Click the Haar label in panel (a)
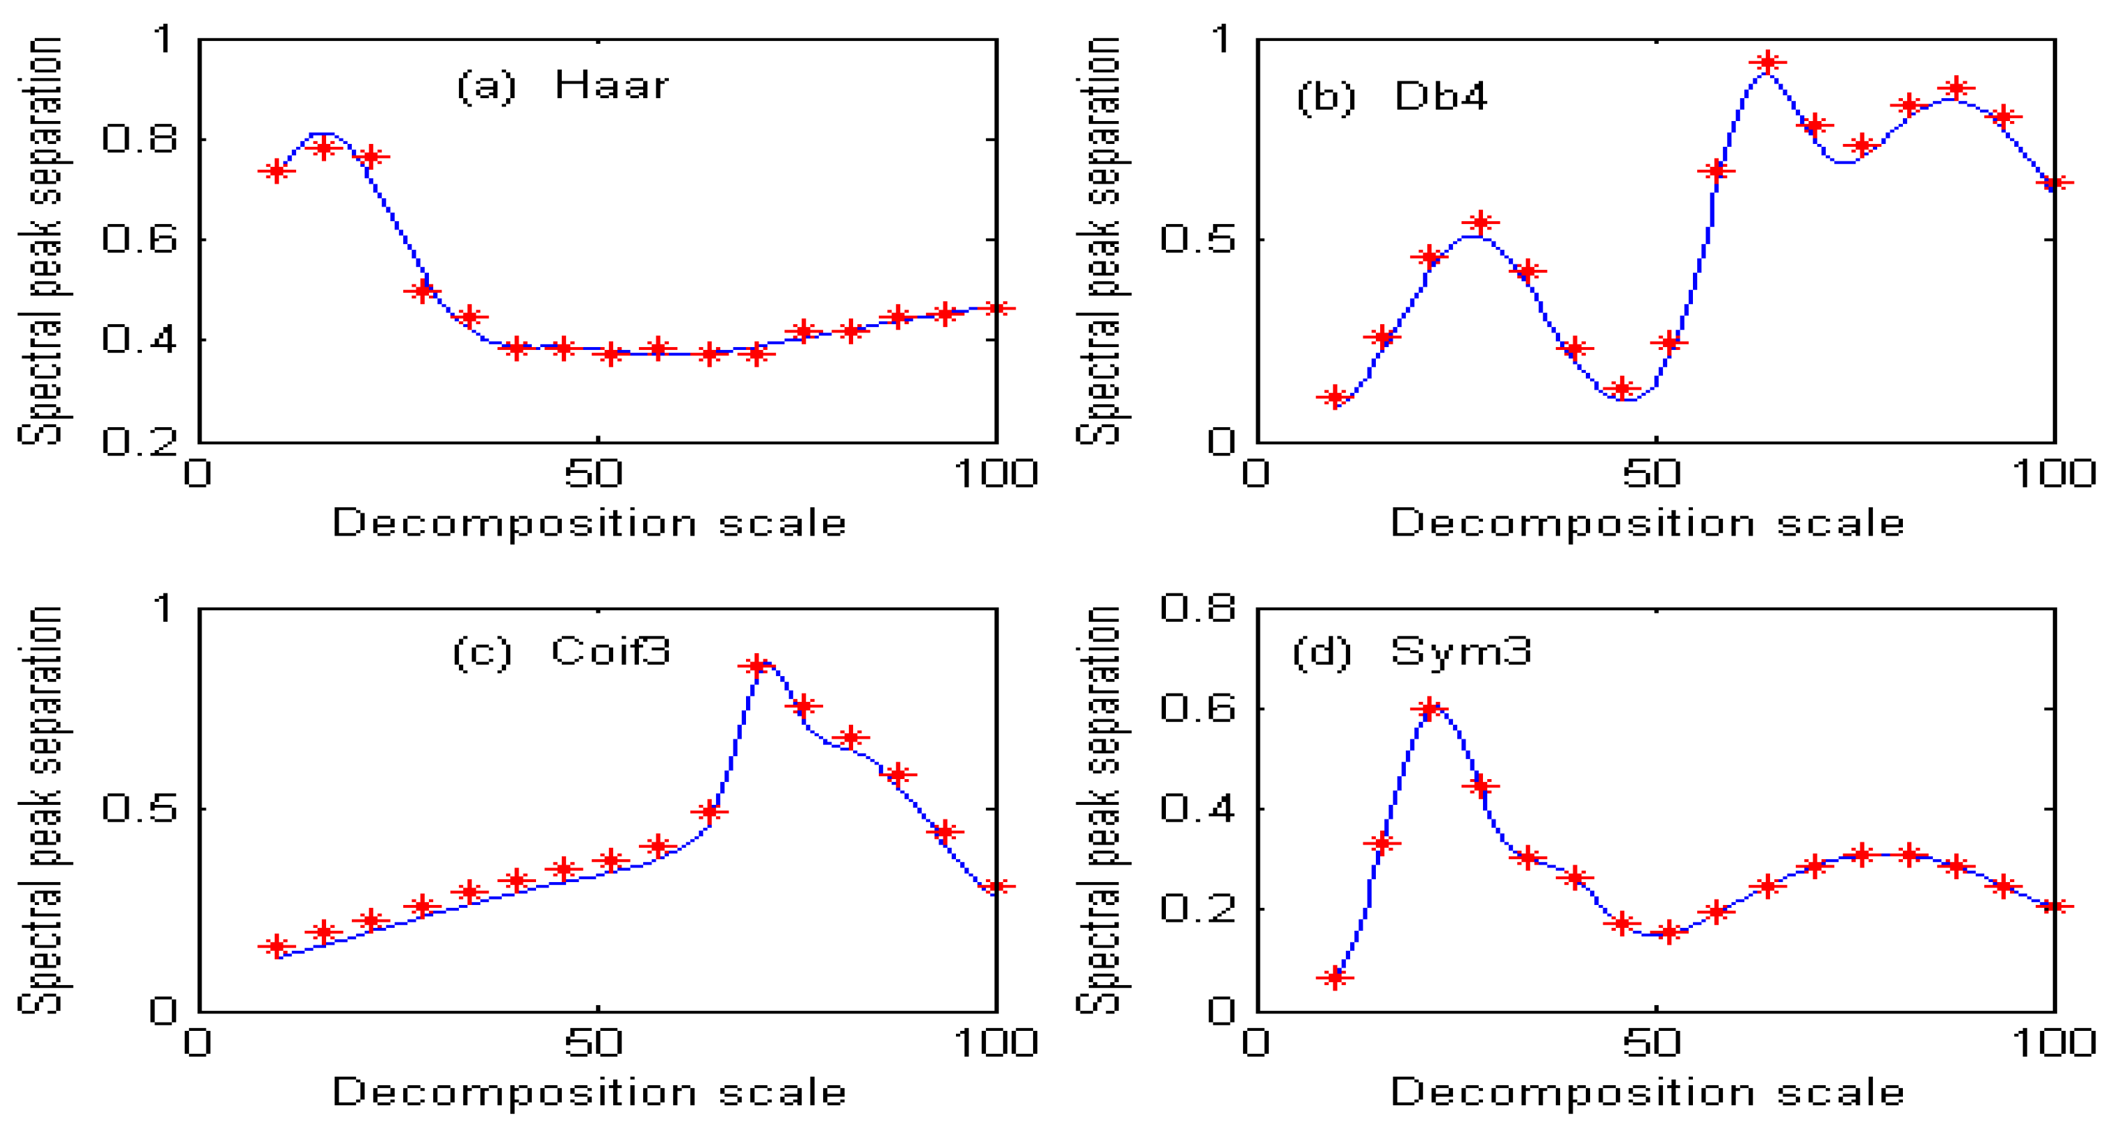tap(611, 85)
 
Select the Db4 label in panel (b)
tap(1441, 97)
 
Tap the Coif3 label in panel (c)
tap(610, 652)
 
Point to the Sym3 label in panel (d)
tap(1460, 652)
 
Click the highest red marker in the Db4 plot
tap(1767, 62)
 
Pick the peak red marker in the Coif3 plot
tap(757, 665)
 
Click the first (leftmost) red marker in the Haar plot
tap(277, 171)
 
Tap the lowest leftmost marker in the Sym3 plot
tap(1336, 977)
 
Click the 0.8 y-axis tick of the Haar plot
tap(139, 139)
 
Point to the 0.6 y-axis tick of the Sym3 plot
tap(1197, 708)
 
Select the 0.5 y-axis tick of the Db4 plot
tap(1197, 240)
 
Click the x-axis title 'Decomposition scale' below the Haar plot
tap(589, 523)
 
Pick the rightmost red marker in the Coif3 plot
tap(996, 887)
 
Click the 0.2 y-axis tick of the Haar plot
tap(139, 442)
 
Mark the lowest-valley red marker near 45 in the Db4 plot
tap(1622, 389)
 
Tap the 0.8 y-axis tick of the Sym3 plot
tap(1197, 608)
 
